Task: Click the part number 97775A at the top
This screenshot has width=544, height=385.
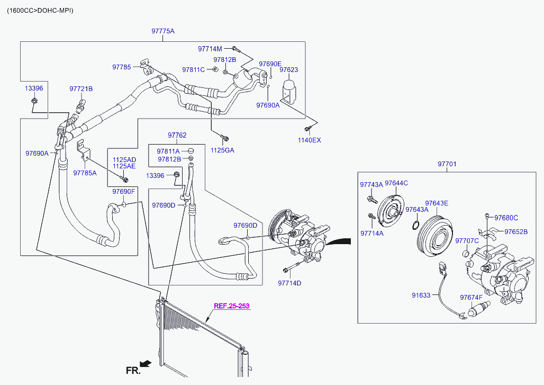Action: tap(162, 31)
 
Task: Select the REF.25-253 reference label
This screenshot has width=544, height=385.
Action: tap(231, 306)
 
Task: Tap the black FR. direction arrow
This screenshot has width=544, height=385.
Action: tap(146, 363)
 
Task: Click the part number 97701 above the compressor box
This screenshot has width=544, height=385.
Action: tap(447, 164)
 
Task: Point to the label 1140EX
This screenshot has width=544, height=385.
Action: tap(310, 140)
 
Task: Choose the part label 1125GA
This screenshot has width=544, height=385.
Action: tap(222, 150)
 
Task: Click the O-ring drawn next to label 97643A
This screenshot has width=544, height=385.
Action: tap(416, 225)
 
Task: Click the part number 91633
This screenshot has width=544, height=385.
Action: tap(421, 295)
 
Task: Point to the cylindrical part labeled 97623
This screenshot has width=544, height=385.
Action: tap(288, 89)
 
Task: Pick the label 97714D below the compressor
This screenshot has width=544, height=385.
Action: tap(289, 283)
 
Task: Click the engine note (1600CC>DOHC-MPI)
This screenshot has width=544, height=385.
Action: tap(40, 11)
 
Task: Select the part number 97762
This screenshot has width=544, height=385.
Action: tap(177, 135)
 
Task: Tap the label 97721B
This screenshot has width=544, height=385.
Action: tap(81, 89)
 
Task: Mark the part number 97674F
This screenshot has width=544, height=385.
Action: tap(471, 298)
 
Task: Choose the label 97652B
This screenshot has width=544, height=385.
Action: tap(516, 231)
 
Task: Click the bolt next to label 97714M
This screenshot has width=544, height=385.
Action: tap(234, 48)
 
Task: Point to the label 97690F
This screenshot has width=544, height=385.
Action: tap(123, 191)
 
